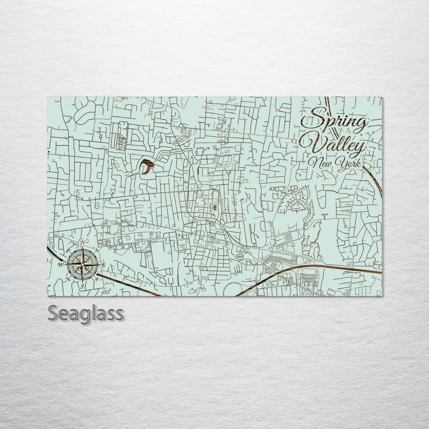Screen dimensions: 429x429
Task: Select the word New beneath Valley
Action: (321, 163)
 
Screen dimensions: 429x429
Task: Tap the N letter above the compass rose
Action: (82, 243)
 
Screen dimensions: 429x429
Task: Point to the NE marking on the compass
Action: (97, 250)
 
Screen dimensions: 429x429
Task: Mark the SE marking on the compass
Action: (97, 279)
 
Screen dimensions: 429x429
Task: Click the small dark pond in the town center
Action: (215, 207)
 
